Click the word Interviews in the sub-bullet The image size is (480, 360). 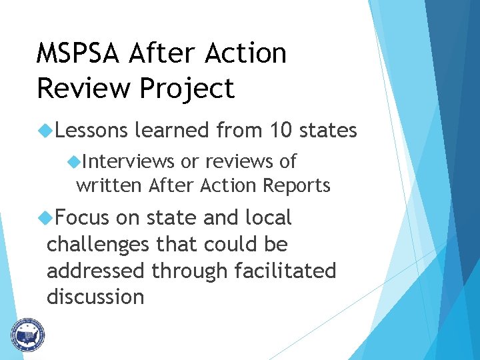129,161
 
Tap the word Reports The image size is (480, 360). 299,185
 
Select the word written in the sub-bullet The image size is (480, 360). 109,185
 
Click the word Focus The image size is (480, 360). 83,217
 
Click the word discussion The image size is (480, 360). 95,297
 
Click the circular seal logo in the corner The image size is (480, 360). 27,335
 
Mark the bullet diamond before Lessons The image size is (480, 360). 46,130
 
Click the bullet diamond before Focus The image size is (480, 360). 46,217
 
